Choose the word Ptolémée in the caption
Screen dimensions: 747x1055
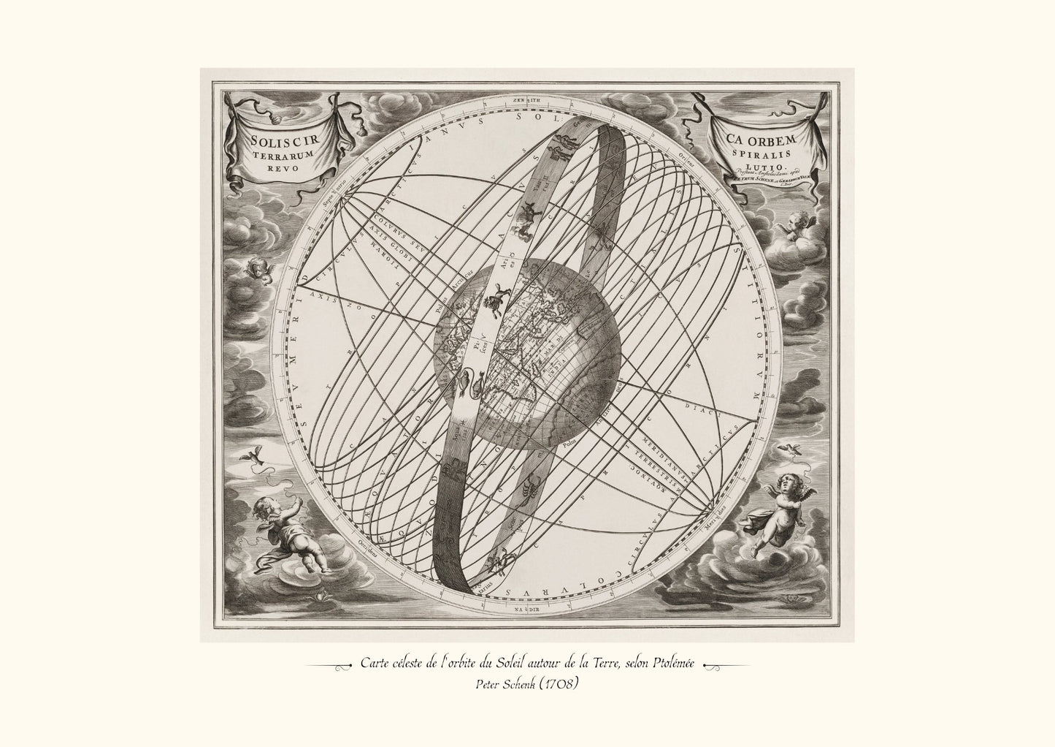click(671, 663)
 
